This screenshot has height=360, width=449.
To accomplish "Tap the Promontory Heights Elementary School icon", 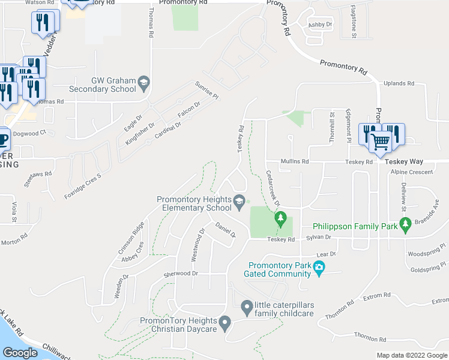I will point(240,201).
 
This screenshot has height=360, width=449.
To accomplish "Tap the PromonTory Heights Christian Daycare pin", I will point(224,324).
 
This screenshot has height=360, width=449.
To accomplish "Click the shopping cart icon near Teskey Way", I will point(380,142).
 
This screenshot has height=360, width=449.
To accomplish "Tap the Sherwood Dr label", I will point(181,274).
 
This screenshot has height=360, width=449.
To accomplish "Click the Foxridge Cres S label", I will point(82,187).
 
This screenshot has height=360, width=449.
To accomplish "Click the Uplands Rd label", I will point(399,83).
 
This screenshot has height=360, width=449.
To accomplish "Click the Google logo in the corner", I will point(20,352).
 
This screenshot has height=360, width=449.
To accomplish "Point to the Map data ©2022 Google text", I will point(412,355).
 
